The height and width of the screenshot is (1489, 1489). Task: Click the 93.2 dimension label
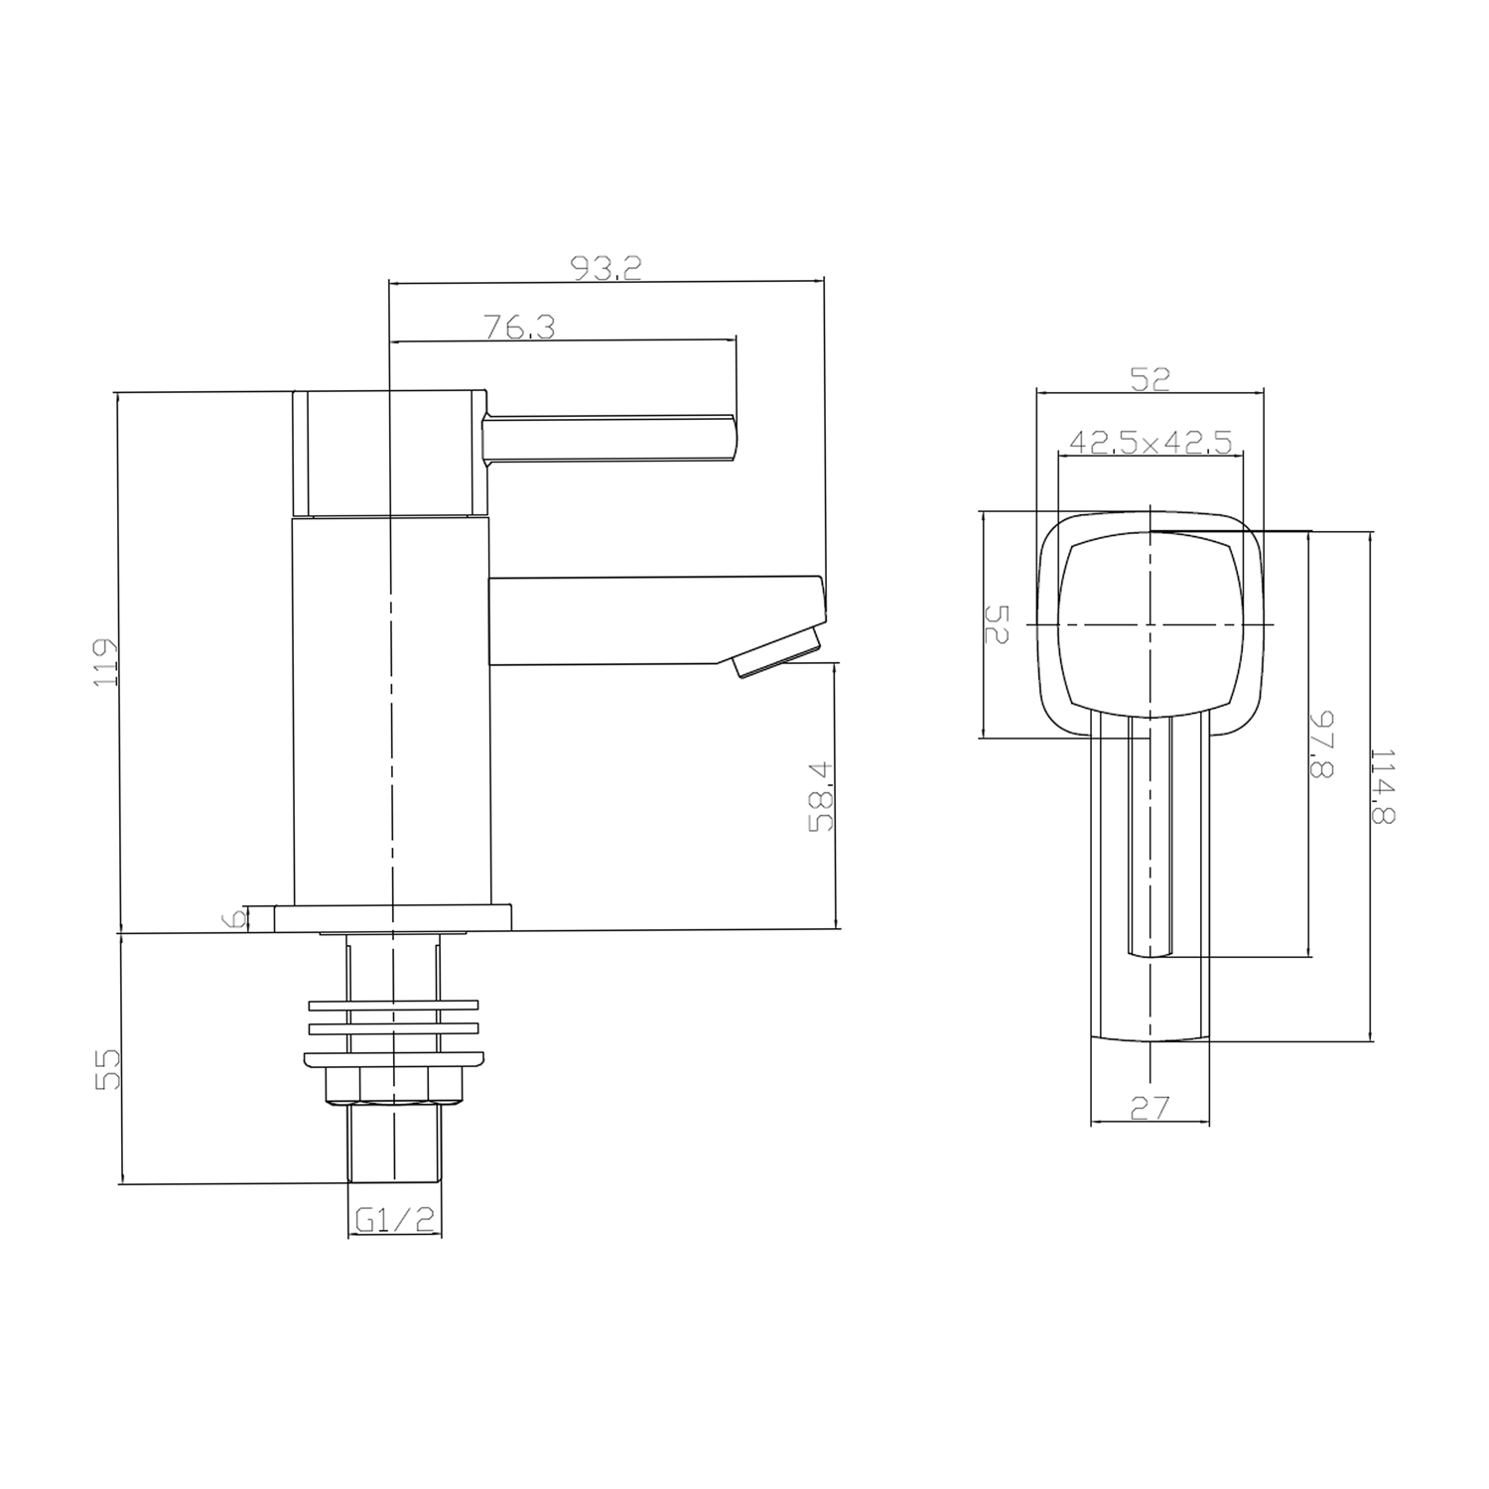click(x=606, y=268)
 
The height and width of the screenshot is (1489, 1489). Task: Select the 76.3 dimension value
click(x=519, y=328)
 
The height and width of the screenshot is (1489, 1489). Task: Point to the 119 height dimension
click(x=104, y=662)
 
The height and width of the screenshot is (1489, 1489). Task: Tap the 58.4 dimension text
click(x=822, y=796)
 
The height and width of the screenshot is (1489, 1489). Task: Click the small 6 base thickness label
click(x=236, y=919)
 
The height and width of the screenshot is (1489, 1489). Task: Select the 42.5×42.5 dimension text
click(x=1151, y=442)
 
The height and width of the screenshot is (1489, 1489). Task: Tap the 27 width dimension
click(x=1150, y=1107)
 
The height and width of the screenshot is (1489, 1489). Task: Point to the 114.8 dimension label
click(x=1383, y=786)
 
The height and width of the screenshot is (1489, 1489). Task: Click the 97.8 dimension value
click(x=1321, y=744)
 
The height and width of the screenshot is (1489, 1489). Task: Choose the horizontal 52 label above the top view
click(x=1150, y=378)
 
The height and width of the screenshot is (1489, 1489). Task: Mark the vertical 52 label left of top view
click(x=996, y=624)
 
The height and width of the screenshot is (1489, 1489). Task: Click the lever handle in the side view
click(x=610, y=438)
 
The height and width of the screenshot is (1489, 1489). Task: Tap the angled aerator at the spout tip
click(x=777, y=652)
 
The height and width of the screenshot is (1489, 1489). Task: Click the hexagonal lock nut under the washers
click(x=394, y=1086)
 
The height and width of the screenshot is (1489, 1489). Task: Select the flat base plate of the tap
click(x=394, y=918)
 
